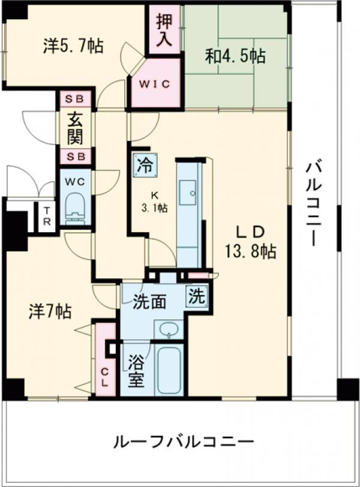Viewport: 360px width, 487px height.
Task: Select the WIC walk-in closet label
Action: point(155,84)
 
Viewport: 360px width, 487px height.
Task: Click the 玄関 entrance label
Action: point(76,128)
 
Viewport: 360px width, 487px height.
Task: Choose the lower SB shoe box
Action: point(76,157)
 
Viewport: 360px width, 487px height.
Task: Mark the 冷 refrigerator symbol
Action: point(144,164)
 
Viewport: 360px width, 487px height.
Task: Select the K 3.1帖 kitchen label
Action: point(155,202)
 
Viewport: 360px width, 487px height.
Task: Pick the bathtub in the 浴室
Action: point(170,367)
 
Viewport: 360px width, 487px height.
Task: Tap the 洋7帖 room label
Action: point(50,312)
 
